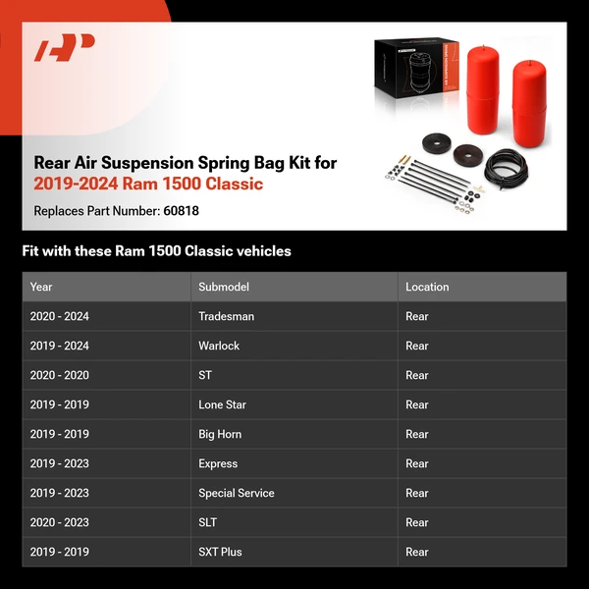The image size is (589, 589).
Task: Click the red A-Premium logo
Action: (x=65, y=48)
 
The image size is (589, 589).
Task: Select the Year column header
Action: (x=41, y=287)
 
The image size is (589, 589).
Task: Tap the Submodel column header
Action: (x=224, y=287)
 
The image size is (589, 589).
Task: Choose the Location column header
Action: (x=427, y=287)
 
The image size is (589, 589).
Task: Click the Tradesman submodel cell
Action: (x=226, y=316)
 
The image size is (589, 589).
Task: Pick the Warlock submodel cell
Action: (x=219, y=346)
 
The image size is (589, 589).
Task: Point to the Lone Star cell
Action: (x=222, y=404)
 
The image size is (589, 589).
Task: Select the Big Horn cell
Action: (x=220, y=434)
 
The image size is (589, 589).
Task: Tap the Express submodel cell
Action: (x=218, y=463)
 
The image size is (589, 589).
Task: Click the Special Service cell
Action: (x=237, y=493)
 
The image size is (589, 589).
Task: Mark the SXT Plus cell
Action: (x=220, y=552)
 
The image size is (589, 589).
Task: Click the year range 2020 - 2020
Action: (x=59, y=375)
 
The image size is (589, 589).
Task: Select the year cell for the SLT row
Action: (x=59, y=522)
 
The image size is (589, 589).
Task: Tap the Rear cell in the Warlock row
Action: (x=417, y=346)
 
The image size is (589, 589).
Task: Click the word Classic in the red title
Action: (x=236, y=184)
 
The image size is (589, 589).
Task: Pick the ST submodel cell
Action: (x=205, y=375)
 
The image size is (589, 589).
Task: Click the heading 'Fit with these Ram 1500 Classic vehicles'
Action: (x=157, y=251)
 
